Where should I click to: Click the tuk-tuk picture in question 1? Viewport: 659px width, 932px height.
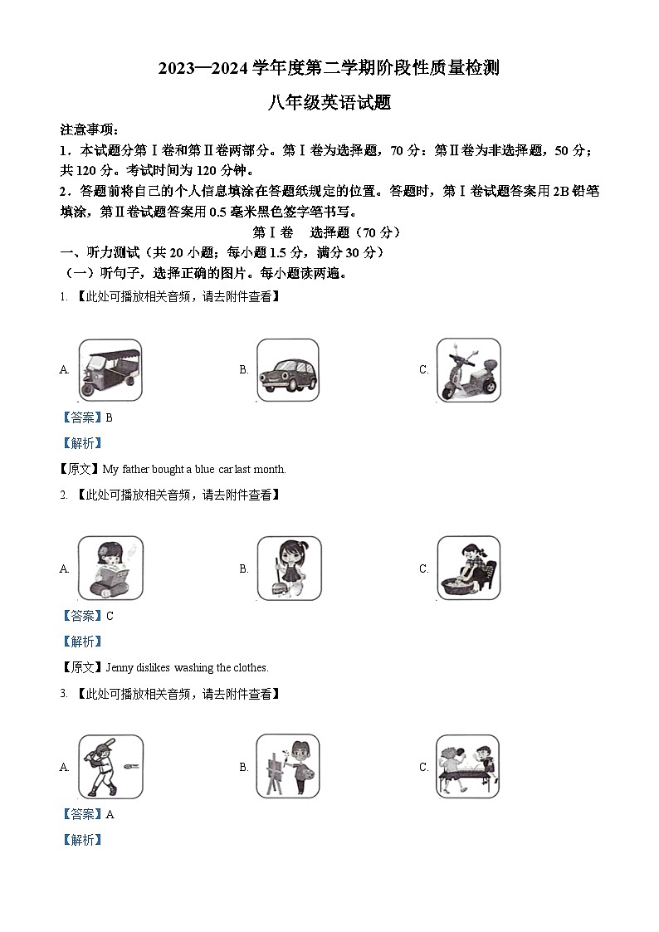click(110, 371)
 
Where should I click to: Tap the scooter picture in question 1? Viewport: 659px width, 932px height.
click(468, 370)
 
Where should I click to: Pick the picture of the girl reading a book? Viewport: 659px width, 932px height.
click(110, 569)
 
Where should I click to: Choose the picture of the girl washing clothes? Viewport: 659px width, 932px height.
click(468, 568)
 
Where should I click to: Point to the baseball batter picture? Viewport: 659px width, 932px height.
click(110, 767)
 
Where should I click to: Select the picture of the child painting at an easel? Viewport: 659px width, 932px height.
click(288, 766)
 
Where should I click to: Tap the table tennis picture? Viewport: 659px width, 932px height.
click(468, 767)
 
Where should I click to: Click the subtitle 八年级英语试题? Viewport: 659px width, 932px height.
click(329, 103)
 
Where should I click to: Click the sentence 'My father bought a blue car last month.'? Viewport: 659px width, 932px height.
click(193, 469)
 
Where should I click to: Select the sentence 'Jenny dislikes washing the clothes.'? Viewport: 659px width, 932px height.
click(185, 667)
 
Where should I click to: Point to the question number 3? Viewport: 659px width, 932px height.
click(63, 693)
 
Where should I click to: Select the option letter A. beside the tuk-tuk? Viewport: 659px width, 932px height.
click(65, 370)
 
